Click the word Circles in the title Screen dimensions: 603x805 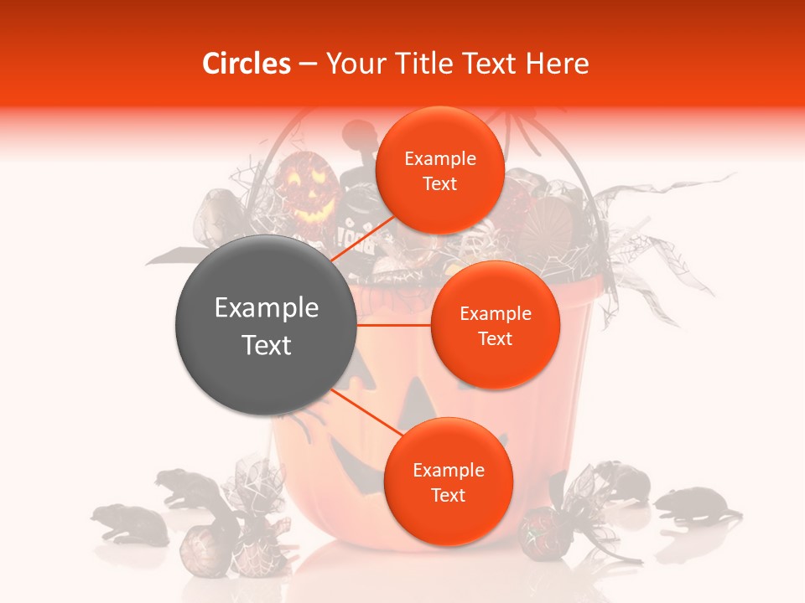[x=246, y=64]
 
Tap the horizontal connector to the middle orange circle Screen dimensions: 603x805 [x=394, y=325]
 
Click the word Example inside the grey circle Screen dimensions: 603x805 [x=267, y=308]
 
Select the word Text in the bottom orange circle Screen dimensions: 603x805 [x=448, y=495]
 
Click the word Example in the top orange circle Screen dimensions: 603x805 [x=439, y=159]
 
